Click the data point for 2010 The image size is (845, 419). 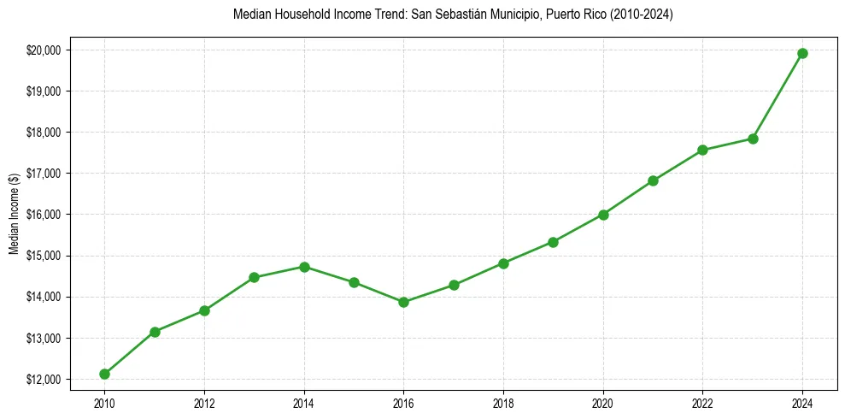104,374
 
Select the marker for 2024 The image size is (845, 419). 802,53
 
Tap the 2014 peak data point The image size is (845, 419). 304,267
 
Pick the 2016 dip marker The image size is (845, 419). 403,302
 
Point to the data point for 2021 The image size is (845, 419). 653,180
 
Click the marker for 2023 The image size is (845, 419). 753,139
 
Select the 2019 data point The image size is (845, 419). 553,242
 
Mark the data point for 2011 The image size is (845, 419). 155,332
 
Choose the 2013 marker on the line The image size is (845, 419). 254,277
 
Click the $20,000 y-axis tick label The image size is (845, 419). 44,50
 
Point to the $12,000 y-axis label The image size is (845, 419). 44,379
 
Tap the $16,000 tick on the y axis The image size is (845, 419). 44,215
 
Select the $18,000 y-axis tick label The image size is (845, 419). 44,133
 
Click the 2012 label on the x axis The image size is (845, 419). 204,401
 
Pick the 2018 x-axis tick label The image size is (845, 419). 503,401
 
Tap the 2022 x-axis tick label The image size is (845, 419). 702,401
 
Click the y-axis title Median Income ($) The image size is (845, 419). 14,214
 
